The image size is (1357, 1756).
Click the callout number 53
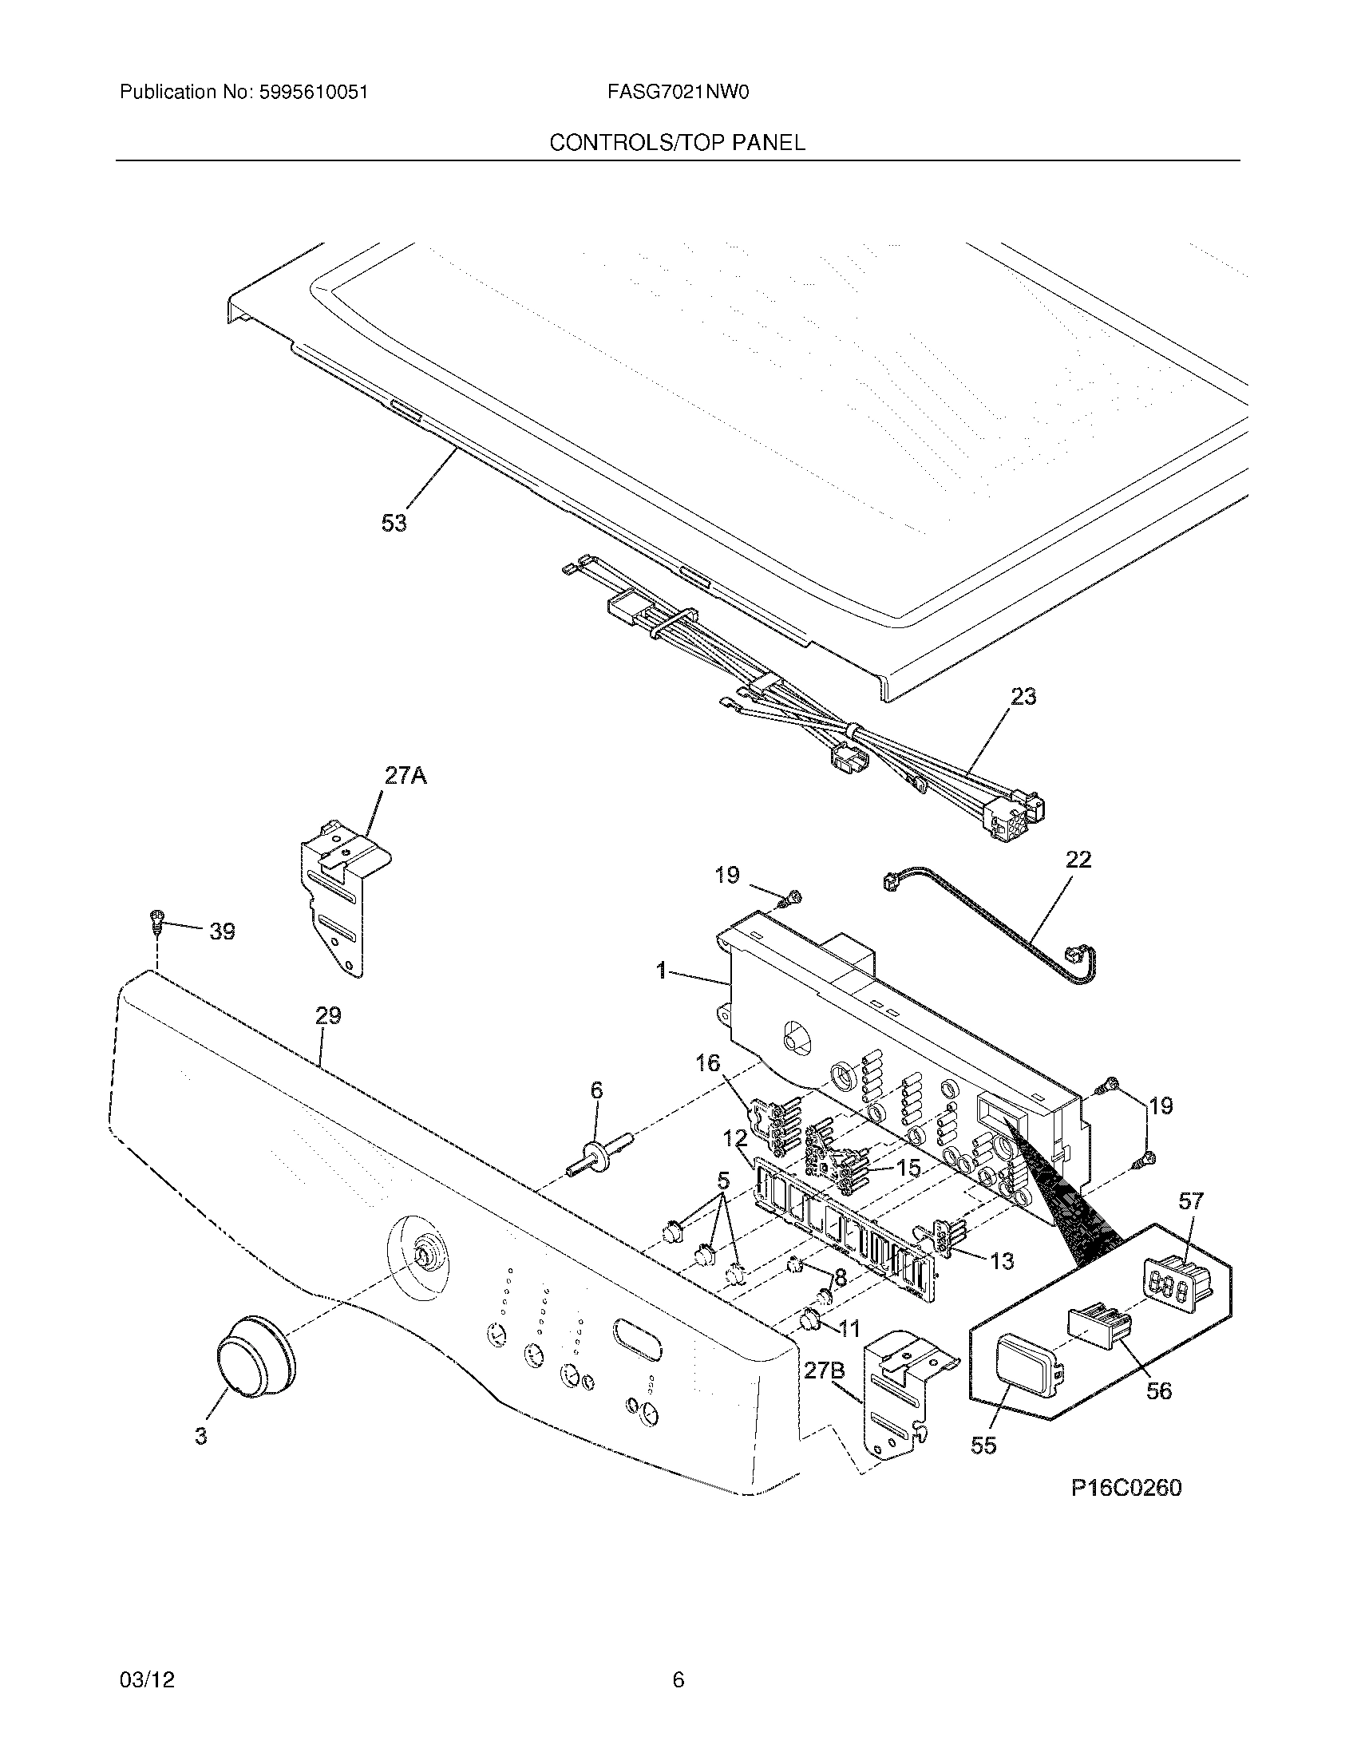pos(394,524)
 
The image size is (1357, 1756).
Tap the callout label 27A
pos(406,776)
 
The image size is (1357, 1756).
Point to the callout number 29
pos(328,1015)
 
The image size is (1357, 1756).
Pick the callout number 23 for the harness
pos(1023,696)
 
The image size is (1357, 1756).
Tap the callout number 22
pos(1079,860)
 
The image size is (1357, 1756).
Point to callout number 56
pos(1158,1390)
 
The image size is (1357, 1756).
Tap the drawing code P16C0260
pos(1126,1489)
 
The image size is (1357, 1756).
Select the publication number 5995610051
pos(314,93)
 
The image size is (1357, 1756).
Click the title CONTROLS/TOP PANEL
pos(677,143)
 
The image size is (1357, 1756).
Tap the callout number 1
pos(661,972)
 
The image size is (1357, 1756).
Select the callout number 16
pos(707,1064)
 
